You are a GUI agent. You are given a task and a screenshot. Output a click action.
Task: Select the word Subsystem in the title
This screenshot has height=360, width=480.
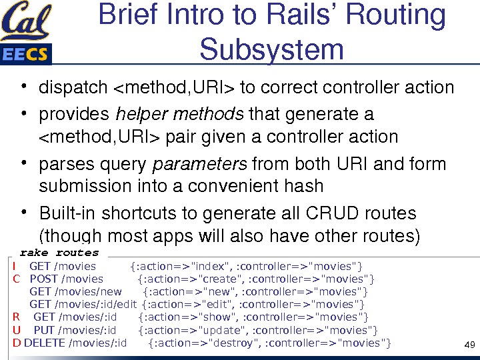click(271, 49)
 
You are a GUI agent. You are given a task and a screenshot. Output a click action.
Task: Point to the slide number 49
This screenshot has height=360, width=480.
click(468, 345)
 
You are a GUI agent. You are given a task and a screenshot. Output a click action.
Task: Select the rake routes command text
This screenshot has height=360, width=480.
click(59, 253)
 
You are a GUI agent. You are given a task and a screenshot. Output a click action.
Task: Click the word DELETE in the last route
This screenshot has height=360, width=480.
click(44, 343)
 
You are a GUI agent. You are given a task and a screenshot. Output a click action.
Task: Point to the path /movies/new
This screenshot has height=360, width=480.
click(88, 291)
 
